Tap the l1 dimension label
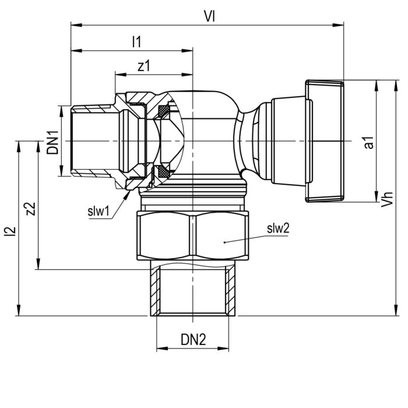pos(137,41)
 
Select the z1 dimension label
pos(143,66)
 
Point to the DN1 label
pos(53,141)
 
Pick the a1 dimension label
pos(368,142)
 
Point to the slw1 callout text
pos(99,211)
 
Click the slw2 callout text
pos(279,228)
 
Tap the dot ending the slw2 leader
pos(224,241)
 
